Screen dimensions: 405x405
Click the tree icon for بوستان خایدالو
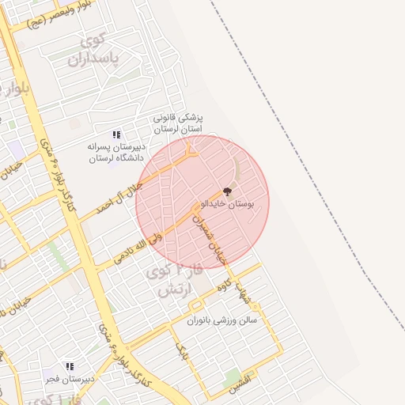coord(228,191)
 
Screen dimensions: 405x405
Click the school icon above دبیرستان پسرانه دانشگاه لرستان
coord(117,135)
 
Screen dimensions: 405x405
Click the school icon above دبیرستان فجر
coord(69,367)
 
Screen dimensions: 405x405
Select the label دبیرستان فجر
coord(69,378)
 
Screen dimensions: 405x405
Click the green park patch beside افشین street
coord(233,377)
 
